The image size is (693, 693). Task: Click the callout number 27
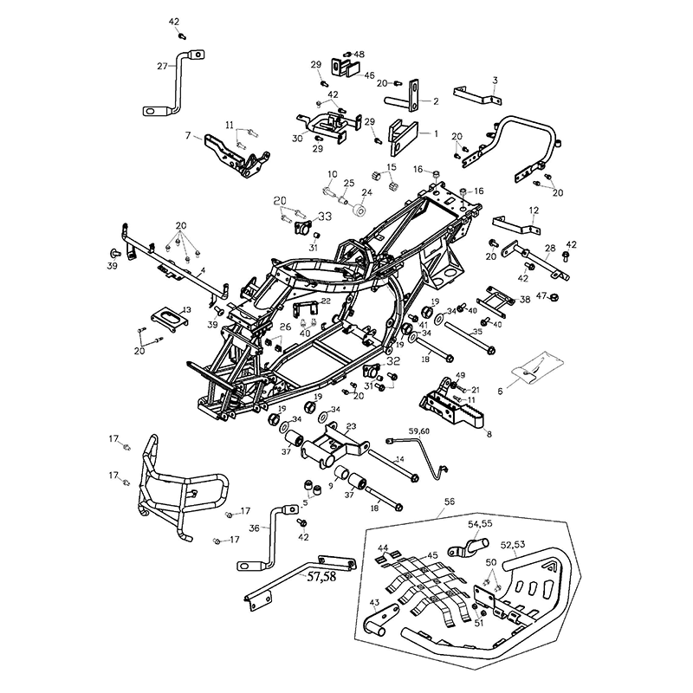tap(162, 65)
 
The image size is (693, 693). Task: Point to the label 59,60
tap(419, 431)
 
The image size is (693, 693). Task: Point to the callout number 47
tap(541, 296)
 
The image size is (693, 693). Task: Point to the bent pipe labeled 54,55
tap(463, 549)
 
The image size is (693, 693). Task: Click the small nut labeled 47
tap(554, 299)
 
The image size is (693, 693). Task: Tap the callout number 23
tap(351, 425)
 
